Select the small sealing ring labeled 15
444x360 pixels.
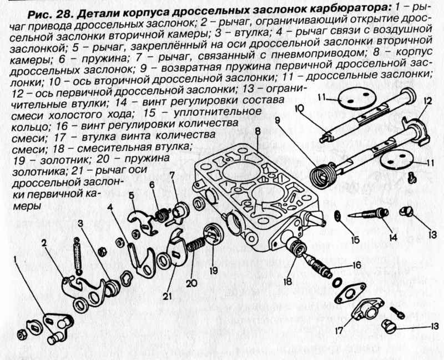337,214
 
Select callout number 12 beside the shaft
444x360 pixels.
426,102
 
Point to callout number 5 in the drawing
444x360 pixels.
132,196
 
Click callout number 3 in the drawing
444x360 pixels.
82,223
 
